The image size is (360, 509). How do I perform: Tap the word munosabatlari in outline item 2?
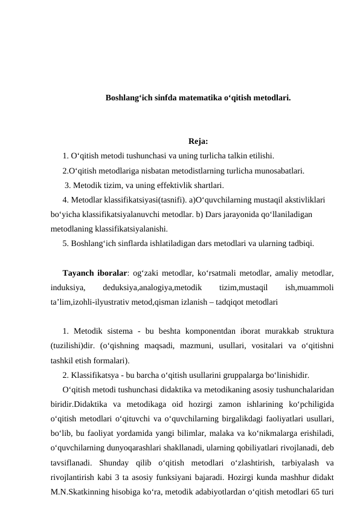coord(281,171)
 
